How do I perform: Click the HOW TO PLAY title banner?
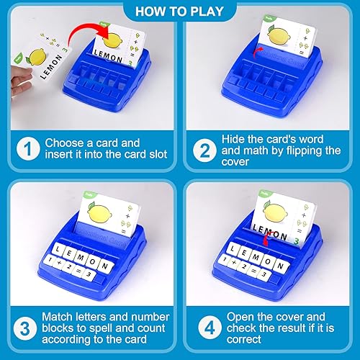(x=179, y=12)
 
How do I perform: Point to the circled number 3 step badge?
(x=25, y=325)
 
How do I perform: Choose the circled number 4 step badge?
(x=205, y=325)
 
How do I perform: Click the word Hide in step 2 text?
(x=237, y=140)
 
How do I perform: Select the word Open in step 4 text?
(x=240, y=318)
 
